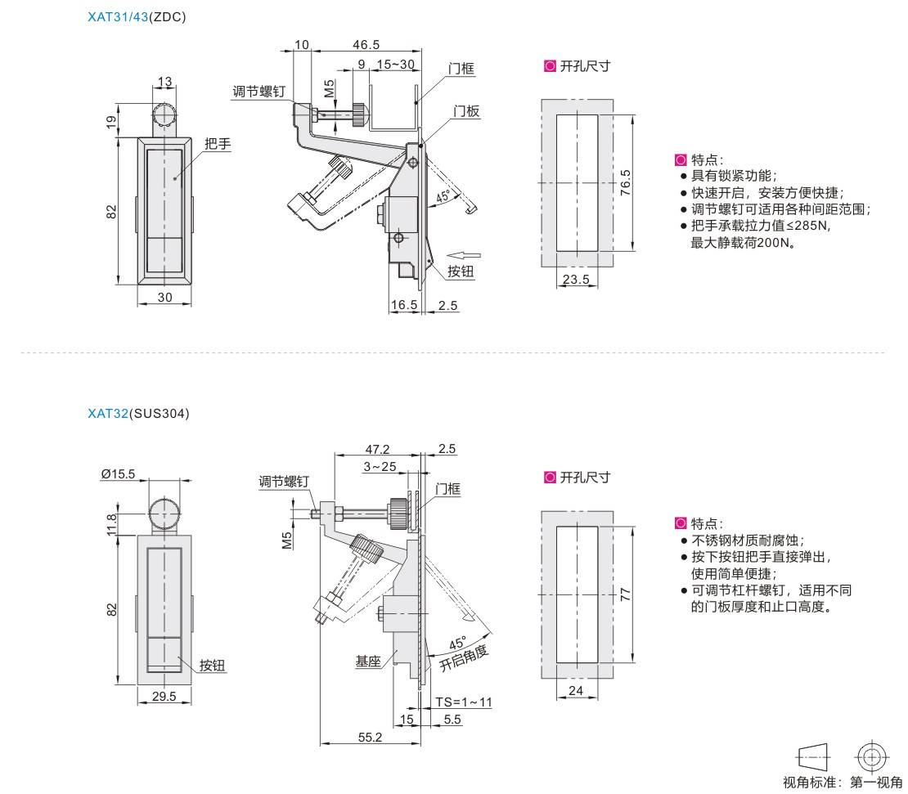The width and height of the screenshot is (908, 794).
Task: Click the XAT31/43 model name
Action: coord(117,16)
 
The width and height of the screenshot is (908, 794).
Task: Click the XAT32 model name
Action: coord(107,414)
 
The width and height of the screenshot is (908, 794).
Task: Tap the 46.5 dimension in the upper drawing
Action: coord(365,45)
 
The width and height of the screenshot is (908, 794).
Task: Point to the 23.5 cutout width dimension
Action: coord(577,280)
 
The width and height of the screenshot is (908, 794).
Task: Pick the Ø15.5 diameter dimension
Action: coord(119,473)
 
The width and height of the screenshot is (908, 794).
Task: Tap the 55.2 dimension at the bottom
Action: coord(370,737)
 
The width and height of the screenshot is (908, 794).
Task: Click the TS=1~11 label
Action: coord(464,702)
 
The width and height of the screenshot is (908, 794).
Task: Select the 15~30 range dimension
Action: coord(395,65)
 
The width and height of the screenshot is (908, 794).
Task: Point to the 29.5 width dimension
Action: coord(164,697)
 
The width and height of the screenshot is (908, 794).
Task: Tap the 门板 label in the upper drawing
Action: coord(467,111)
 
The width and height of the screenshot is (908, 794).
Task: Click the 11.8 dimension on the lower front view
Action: coord(112,520)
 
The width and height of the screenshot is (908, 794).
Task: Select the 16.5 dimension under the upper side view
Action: coord(404,305)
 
